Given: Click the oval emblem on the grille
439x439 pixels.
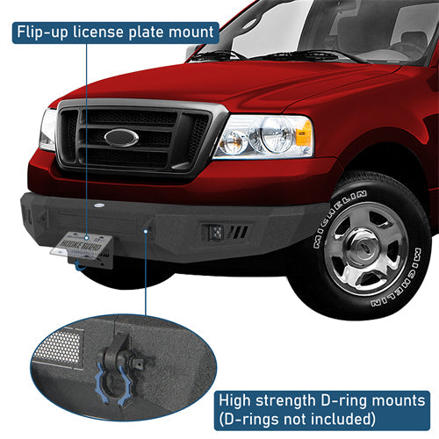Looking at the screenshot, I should point(121,138).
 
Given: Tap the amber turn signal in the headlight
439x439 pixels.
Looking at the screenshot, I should point(303,134).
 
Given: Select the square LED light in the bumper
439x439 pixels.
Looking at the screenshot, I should point(214,234).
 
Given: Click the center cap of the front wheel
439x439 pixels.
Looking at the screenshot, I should point(363,249).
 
